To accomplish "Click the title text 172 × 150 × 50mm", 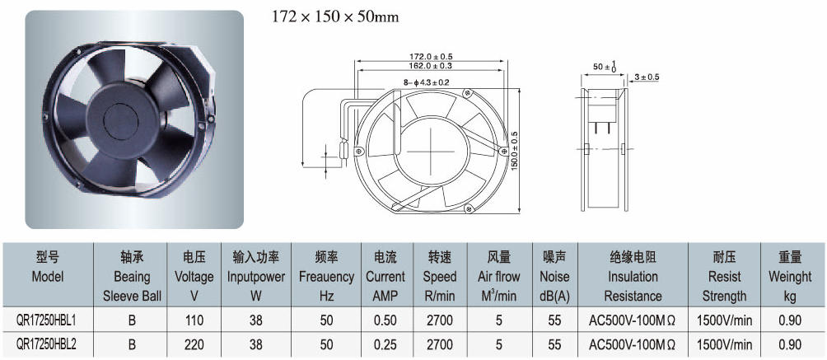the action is pos(335,17).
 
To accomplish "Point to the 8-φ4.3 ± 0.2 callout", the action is pos(425,82).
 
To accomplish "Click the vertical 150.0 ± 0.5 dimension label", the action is pos(514,150).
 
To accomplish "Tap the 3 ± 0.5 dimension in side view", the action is pos(647,77).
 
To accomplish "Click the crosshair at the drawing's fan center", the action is pos(430,151).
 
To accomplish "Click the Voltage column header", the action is pos(194,277).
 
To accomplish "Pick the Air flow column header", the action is pos(499,277).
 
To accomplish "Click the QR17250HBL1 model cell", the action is pos(48,320).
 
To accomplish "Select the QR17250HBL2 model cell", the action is pos(48,344).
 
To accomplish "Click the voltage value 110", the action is pos(194,320).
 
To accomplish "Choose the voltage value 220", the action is pos(194,344).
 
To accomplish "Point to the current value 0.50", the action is pos(385,320).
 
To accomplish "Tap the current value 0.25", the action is pos(385,344).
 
